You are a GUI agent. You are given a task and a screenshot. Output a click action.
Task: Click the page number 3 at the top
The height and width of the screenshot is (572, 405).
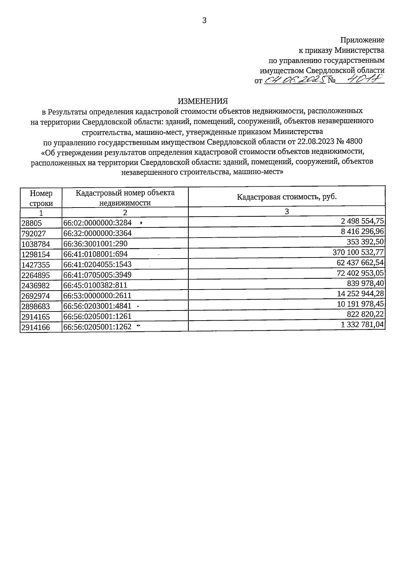point(204,21)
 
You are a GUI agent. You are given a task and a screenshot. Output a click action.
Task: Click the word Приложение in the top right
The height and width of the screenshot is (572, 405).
point(362,40)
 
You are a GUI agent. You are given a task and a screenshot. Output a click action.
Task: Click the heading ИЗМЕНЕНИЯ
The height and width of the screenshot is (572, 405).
point(203,101)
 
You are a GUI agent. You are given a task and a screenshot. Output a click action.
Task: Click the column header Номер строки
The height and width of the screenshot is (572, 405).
point(41,198)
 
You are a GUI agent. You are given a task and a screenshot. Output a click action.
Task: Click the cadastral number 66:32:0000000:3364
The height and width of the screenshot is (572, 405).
point(98,233)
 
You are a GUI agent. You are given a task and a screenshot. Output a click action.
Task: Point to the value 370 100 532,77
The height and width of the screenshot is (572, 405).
point(358,252)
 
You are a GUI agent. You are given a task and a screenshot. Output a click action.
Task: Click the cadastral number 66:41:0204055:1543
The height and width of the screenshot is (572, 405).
point(98,264)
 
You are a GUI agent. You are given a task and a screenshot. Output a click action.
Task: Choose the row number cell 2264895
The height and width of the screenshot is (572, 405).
point(35,275)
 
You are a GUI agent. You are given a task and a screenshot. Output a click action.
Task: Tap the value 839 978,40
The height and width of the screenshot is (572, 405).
point(365,283)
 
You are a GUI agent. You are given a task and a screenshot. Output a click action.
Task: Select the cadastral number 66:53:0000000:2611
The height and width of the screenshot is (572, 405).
point(98,296)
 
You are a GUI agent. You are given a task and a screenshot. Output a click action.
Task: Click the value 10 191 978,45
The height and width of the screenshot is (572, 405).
point(360,304)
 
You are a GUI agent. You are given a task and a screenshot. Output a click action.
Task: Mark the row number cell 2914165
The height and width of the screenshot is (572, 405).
point(35,317)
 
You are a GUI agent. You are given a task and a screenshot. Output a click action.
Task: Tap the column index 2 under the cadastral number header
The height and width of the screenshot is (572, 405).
point(125,213)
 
